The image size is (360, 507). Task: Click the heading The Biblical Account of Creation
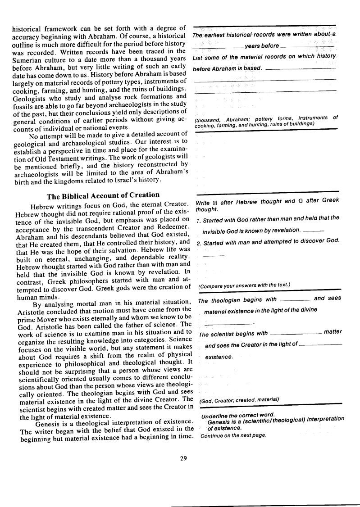pos(103,195)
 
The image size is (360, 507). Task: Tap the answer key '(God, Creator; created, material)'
pos(239,400)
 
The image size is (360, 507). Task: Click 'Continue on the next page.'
pos(233,435)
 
